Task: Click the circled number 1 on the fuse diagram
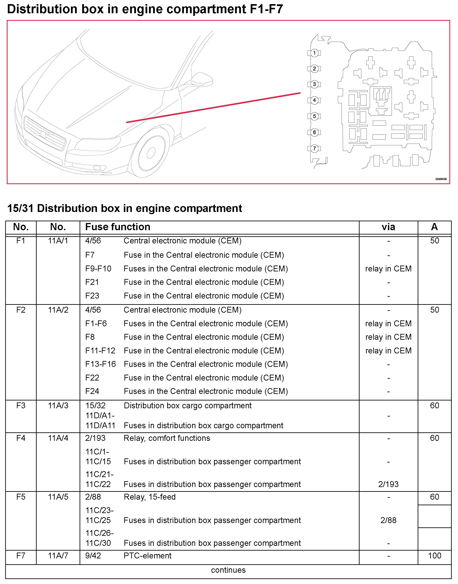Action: (x=314, y=53)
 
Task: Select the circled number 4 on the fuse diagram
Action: (x=314, y=100)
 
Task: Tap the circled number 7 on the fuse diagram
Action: (x=314, y=148)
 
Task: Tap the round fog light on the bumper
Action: (x=97, y=168)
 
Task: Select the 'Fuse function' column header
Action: (x=118, y=227)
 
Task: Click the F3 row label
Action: (x=21, y=405)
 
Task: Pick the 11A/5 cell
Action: (x=58, y=497)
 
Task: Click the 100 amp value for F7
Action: (x=434, y=556)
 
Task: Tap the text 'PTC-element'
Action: (x=147, y=556)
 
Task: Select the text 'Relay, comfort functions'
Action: (x=167, y=438)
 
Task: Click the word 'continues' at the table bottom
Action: (x=228, y=570)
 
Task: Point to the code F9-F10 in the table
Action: (x=98, y=269)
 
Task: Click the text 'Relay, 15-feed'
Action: (x=150, y=497)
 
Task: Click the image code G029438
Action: (x=441, y=179)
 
